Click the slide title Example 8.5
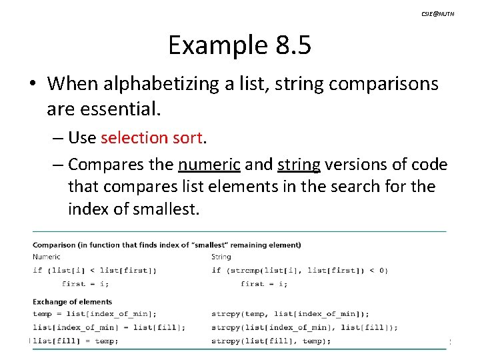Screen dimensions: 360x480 (239, 45)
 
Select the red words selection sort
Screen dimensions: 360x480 (151, 137)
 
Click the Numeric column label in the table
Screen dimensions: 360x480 (47, 257)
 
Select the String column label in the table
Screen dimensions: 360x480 (221, 257)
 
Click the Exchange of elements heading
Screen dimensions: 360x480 (72, 301)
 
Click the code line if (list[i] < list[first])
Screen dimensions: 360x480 (95, 270)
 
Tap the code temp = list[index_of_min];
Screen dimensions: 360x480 (95, 314)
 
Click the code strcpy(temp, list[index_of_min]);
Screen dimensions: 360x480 (290, 314)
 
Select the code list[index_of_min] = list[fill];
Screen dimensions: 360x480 (109, 327)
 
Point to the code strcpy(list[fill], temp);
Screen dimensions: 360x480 (271, 341)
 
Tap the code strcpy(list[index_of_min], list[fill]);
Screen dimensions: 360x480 (304, 327)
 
